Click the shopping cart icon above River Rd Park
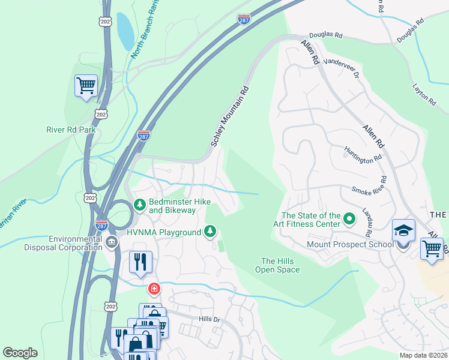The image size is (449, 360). pyautogui.click(x=86, y=85)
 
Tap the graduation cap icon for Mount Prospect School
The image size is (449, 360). pyautogui.click(x=403, y=230)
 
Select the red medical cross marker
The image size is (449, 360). pyautogui.click(x=154, y=289)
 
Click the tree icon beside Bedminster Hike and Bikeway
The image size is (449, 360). pyautogui.click(x=139, y=205)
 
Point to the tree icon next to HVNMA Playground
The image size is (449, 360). pyautogui.click(x=209, y=231)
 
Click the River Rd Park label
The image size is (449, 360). pyautogui.click(x=71, y=129)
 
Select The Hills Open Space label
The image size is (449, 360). pyautogui.click(x=280, y=265)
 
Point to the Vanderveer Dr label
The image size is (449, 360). pyautogui.click(x=340, y=69)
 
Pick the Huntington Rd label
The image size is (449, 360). pyautogui.click(x=363, y=155)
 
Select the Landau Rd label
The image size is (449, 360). pyautogui.click(x=367, y=222)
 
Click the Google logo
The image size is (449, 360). pyautogui.click(x=20, y=353)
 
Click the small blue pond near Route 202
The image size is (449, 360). pyautogui.click(x=125, y=31)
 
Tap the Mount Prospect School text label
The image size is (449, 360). pyautogui.click(x=350, y=244)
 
